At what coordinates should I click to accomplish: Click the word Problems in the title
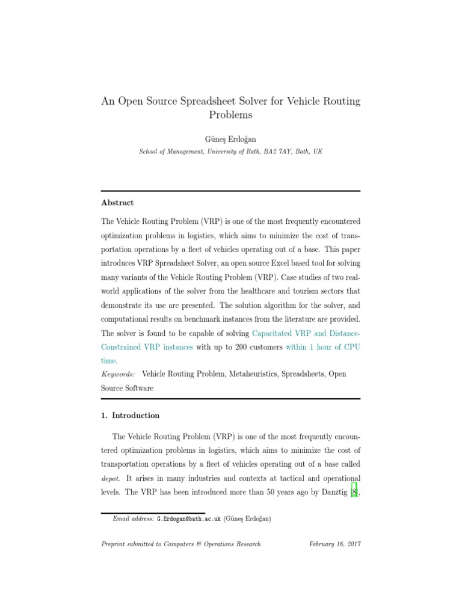230,114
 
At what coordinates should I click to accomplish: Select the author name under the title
230,139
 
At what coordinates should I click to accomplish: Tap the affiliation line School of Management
230,152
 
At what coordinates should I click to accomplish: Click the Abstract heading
117,203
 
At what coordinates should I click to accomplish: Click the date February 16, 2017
334,544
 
